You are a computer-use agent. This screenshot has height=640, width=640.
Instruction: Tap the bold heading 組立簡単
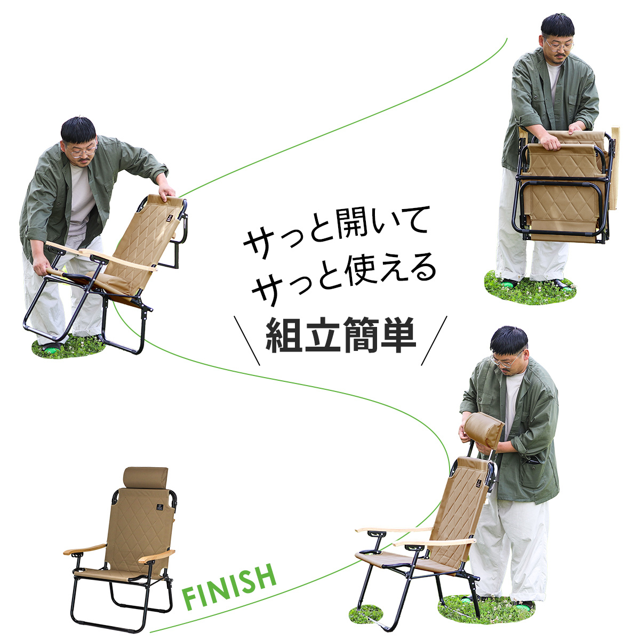click(341, 335)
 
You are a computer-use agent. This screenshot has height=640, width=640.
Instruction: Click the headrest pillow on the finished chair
click(146, 478)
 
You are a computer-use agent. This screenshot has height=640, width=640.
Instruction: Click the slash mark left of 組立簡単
click(247, 341)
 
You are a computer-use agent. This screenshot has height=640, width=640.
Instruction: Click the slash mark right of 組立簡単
click(435, 341)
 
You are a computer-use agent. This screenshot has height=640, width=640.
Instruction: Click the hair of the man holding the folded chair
click(558, 26)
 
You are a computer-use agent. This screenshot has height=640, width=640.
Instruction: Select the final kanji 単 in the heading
click(398, 335)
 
